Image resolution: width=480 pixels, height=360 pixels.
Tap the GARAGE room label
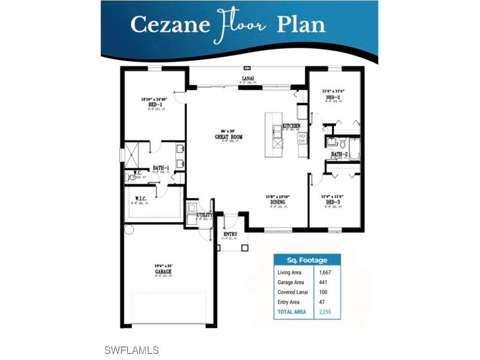click(163, 271)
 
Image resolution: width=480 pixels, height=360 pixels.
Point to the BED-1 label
click(154, 105)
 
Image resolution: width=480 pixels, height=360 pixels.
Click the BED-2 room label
click(333, 97)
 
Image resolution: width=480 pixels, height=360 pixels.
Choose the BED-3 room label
click(333, 202)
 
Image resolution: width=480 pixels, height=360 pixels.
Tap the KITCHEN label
click(292, 126)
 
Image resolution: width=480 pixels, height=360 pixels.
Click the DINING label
click(278, 202)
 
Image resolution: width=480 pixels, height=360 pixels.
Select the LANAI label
click(248, 78)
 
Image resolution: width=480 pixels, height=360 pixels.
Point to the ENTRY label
click(230, 234)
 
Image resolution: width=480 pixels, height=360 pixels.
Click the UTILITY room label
click(205, 215)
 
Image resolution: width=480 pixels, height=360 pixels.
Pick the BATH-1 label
click(161, 168)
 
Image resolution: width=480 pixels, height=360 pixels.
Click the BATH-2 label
click(339, 154)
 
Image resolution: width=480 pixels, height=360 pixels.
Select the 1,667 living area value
click(325, 272)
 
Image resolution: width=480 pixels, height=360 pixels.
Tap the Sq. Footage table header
click(307, 260)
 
